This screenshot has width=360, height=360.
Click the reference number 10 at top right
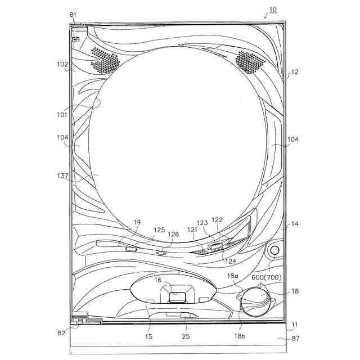[273, 10]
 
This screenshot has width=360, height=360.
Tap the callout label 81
[73, 15]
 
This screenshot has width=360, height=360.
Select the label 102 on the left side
[62, 65]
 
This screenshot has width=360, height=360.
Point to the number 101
[62, 115]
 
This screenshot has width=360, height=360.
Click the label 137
[62, 176]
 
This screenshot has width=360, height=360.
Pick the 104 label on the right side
[293, 139]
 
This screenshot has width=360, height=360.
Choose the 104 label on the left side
[62, 137]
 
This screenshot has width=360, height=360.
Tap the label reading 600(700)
[266, 277]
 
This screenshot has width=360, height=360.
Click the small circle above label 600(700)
[274, 250]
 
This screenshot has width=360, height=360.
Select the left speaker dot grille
[105, 60]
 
